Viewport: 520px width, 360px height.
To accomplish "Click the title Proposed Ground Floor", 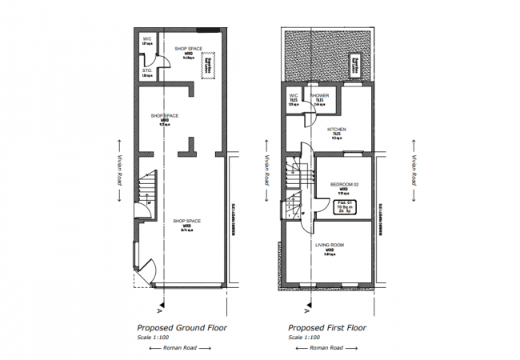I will (x=182, y=328).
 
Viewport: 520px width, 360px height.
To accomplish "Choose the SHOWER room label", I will (x=319, y=95).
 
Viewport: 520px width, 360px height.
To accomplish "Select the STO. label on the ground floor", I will (x=146, y=70).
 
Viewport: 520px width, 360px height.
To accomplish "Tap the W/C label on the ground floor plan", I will (x=146, y=38).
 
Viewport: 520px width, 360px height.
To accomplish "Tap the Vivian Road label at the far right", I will (x=414, y=168).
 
